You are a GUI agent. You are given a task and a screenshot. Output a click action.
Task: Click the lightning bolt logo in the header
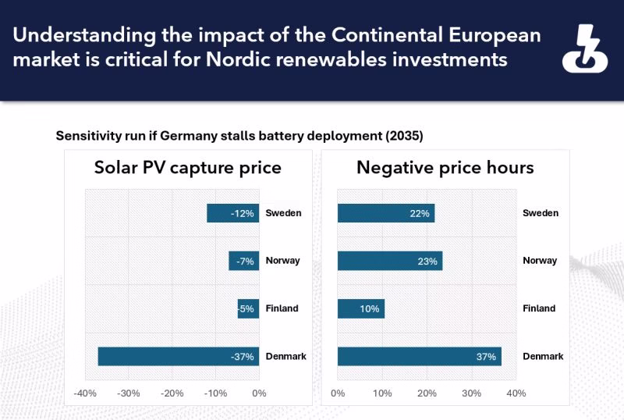(584, 49)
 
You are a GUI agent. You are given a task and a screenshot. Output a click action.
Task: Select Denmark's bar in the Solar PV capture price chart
(179, 356)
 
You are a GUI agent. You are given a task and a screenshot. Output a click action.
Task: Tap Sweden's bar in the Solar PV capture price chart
(232, 213)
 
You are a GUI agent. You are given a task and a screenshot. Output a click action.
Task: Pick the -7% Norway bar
(243, 261)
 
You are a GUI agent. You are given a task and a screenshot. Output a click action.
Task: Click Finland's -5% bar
(248, 309)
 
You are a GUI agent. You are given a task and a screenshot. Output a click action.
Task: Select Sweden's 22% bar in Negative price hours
(386, 213)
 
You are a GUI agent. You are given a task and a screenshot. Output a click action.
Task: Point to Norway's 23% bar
(390, 261)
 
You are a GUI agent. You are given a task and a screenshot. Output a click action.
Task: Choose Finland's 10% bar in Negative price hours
(361, 309)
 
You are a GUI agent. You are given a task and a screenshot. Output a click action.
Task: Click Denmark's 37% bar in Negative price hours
(420, 356)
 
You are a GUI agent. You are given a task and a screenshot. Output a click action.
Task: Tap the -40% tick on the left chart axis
(85, 393)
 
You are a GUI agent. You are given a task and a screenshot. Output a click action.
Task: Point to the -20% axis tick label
(172, 393)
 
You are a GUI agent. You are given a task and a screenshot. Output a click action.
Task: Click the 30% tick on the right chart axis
(472, 393)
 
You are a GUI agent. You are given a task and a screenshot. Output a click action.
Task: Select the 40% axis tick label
(516, 393)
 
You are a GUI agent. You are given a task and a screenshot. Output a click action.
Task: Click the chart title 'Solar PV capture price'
(188, 167)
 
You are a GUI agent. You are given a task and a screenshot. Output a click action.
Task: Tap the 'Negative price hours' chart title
(445, 167)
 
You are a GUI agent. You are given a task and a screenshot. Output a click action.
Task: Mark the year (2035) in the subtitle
(404, 136)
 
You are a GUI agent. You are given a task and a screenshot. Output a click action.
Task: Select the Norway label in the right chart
(540, 261)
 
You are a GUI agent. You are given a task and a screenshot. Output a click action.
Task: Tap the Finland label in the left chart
(282, 308)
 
